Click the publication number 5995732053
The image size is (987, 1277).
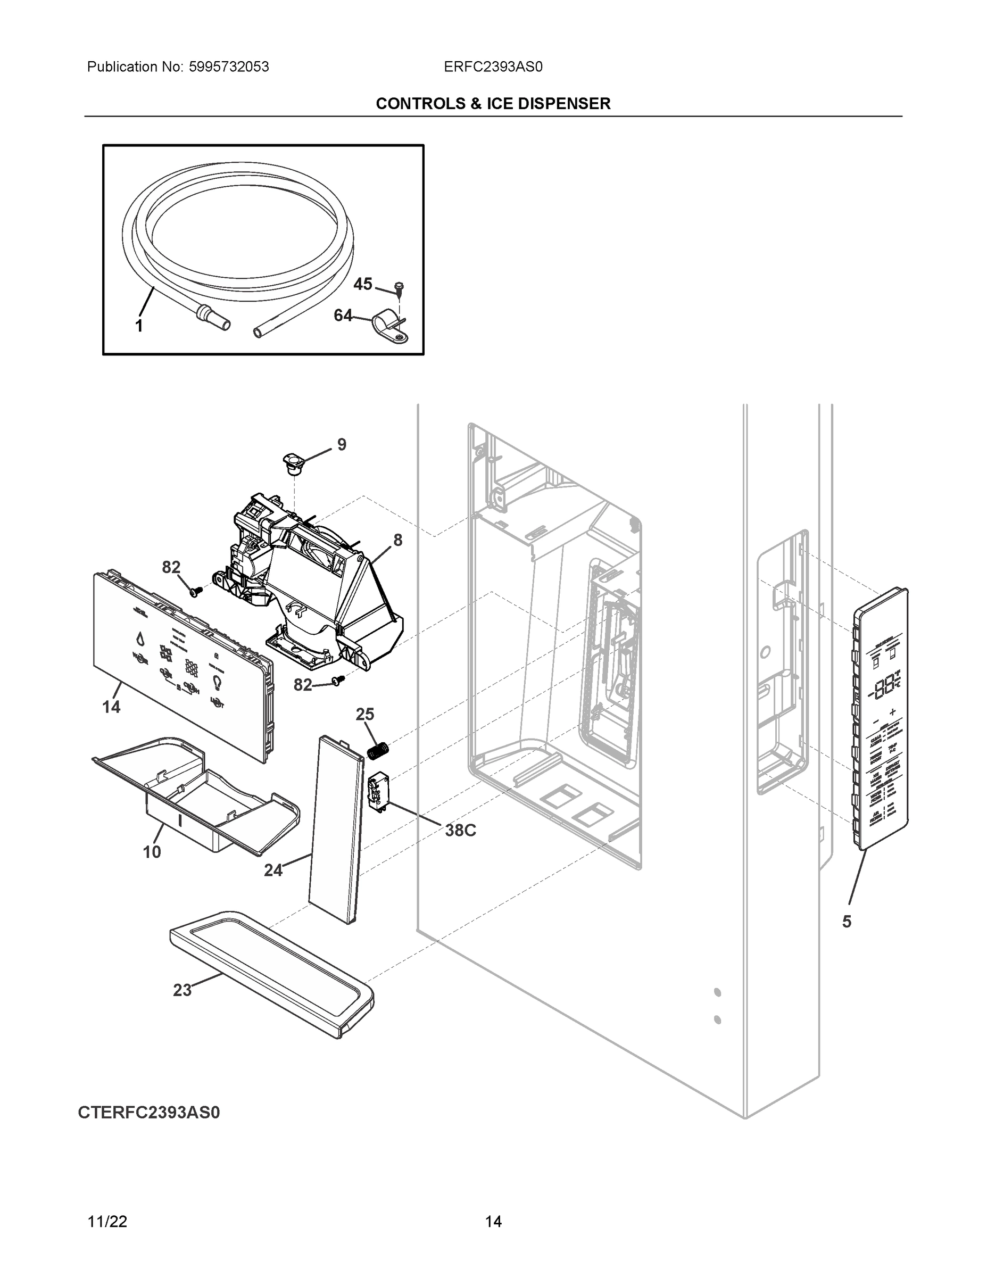[x=228, y=67]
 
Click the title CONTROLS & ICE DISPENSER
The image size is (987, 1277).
[x=493, y=104]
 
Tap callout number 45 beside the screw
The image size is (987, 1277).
[x=362, y=284]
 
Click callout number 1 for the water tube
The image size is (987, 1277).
[x=139, y=326]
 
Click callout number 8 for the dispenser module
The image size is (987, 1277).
[x=397, y=540]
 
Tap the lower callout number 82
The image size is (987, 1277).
[x=302, y=685]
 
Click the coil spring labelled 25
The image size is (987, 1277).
[x=379, y=750]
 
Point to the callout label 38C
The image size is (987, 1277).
[x=460, y=830]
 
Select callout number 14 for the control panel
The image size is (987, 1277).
[x=111, y=707]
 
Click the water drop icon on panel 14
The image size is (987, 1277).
[x=140, y=638]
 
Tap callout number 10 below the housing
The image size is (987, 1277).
[x=152, y=852]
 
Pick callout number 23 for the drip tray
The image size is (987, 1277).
[x=182, y=990]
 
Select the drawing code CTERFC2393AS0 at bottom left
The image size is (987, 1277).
[x=149, y=1112]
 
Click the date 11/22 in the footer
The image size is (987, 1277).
[x=107, y=1222]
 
